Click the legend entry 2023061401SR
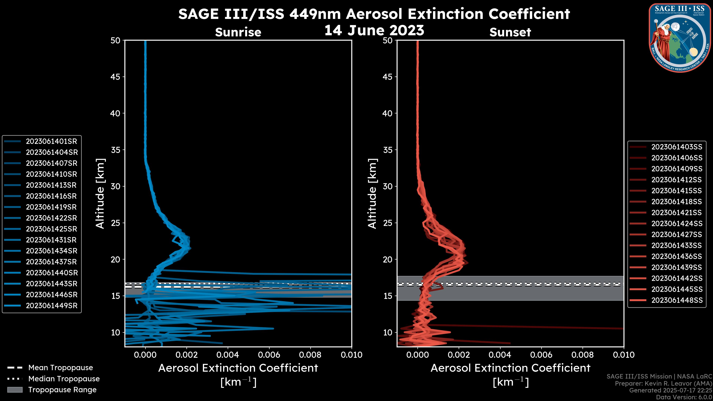[51, 141]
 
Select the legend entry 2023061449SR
[51, 306]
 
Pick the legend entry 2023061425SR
[51, 229]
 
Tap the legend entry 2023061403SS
[676, 147]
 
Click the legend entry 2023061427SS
[676, 235]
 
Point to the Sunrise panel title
[238, 32]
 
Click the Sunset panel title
[510, 32]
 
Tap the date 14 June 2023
[374, 30]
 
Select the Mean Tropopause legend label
[61, 368]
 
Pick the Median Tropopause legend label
[64, 379]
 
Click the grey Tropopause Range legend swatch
[15, 390]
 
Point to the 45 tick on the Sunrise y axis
[115, 77]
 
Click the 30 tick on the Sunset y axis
[388, 187]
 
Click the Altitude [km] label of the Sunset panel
[372, 194]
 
